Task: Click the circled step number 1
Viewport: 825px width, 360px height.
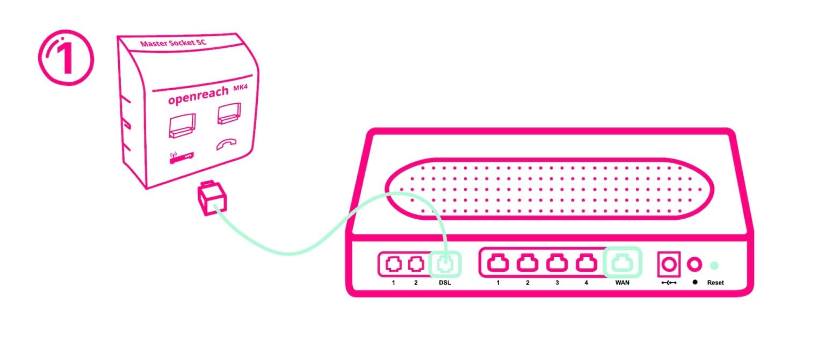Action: coord(66,58)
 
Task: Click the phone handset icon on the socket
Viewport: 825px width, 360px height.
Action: coord(229,145)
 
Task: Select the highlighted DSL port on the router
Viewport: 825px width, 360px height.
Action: coord(445,264)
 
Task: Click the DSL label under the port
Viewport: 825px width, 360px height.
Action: coord(445,282)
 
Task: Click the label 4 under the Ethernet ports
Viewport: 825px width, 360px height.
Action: coord(586,282)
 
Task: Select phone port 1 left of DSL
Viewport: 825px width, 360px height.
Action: coord(394,264)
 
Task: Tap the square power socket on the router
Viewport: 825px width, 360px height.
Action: coord(669,264)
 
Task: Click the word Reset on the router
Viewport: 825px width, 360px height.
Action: coord(715,282)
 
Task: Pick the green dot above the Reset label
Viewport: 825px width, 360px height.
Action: coord(714,264)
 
